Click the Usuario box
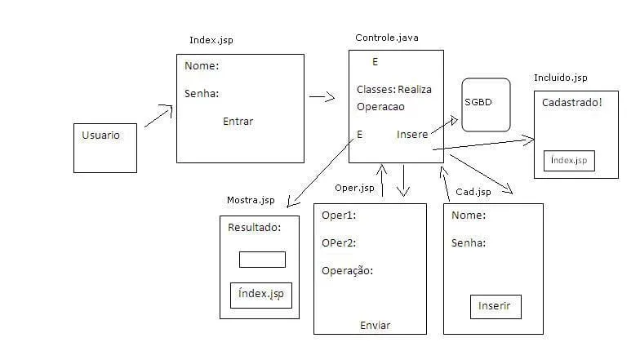click(x=104, y=148)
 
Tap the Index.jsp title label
click(x=216, y=40)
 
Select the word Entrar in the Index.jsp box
click(x=238, y=122)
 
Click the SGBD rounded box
click(x=486, y=104)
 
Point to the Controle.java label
click(x=387, y=38)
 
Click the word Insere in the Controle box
click(x=411, y=134)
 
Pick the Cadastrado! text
click(x=571, y=102)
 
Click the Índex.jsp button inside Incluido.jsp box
click(x=569, y=161)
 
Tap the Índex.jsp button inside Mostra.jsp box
click(x=260, y=294)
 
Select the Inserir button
click(x=495, y=306)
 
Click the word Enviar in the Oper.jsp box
click(x=375, y=326)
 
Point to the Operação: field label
click(x=347, y=270)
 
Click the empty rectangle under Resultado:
click(x=261, y=260)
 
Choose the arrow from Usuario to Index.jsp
click(x=158, y=116)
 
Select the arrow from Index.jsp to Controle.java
click(x=322, y=97)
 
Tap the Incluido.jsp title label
click(x=560, y=78)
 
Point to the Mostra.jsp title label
click(x=251, y=201)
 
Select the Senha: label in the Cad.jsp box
click(x=469, y=242)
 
